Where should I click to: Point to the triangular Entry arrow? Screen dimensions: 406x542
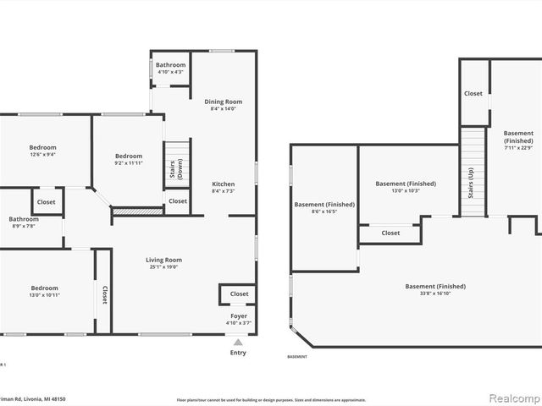[x=238, y=343]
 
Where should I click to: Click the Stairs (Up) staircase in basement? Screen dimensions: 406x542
[x=472, y=173]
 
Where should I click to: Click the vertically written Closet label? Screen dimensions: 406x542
[x=105, y=294]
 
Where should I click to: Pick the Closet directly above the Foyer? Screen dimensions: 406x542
[x=240, y=294]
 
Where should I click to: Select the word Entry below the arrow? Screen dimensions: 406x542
[x=238, y=353]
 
